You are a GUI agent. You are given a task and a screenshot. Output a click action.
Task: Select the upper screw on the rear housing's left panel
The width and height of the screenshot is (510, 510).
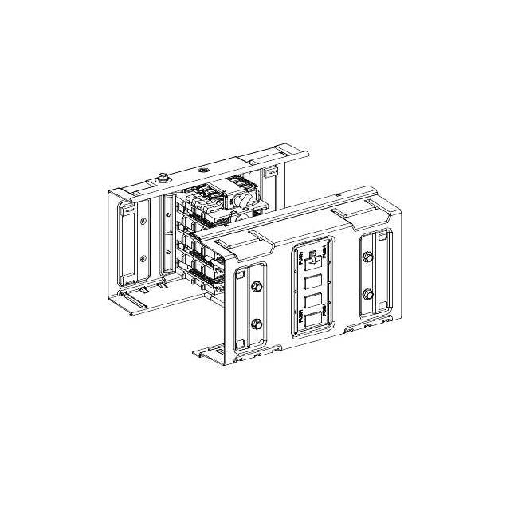click(143, 221)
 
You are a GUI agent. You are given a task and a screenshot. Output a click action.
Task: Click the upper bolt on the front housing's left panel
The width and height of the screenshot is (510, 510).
click(257, 287)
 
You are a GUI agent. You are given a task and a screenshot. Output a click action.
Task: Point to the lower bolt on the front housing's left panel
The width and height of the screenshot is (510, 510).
click(257, 324)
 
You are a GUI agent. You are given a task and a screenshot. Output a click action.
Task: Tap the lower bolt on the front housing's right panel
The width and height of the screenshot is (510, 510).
click(367, 294)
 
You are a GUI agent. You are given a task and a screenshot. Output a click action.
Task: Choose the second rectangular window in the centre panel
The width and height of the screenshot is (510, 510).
click(312, 283)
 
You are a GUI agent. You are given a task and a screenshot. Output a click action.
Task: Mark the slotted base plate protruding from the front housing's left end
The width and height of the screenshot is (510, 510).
click(209, 350)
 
